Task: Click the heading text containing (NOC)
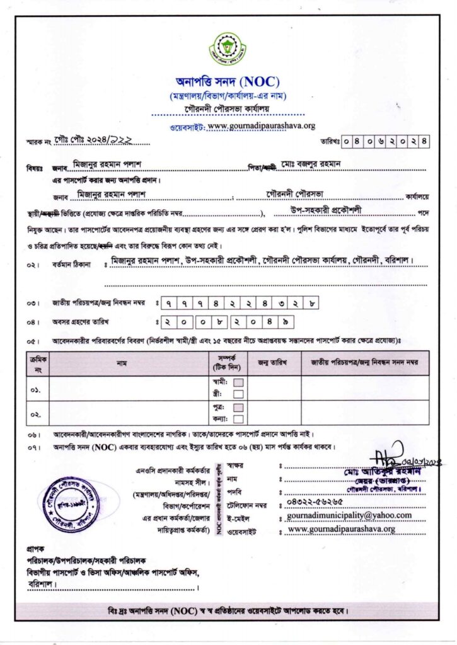tap(228, 81)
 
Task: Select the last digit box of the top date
tap(424, 141)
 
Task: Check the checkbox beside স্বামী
tap(239, 382)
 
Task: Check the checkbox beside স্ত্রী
tap(239, 394)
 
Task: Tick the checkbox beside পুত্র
tap(239, 408)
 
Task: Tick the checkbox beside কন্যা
tap(239, 419)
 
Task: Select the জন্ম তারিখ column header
tap(272, 363)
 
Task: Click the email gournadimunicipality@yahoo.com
tap(349, 515)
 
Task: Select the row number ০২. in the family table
tap(36, 413)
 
